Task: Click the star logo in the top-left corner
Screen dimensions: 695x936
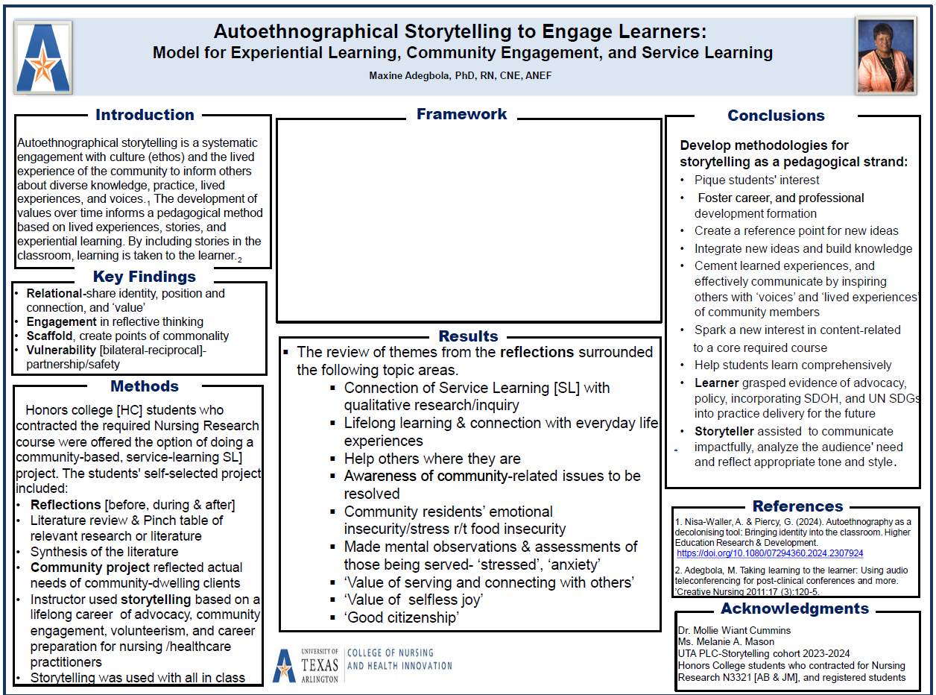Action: click(43, 57)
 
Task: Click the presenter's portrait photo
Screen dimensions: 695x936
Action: click(885, 55)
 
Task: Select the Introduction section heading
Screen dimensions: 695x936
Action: click(145, 115)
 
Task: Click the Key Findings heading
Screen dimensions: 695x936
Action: click(145, 277)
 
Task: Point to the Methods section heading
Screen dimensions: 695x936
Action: click(145, 386)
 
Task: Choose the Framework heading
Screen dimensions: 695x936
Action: click(461, 114)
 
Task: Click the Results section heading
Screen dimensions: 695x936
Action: click(468, 336)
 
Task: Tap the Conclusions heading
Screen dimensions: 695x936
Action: click(776, 116)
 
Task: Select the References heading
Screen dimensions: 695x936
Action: click(797, 506)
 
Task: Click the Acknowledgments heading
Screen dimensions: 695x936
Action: click(794, 608)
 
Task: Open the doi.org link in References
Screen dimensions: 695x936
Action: click(770, 553)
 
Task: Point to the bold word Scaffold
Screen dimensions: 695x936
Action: click(50, 336)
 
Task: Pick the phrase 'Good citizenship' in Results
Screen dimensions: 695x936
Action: click(402, 617)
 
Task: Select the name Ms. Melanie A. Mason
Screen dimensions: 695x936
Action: click(726, 642)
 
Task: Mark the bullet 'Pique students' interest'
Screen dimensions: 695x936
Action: click(756, 180)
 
